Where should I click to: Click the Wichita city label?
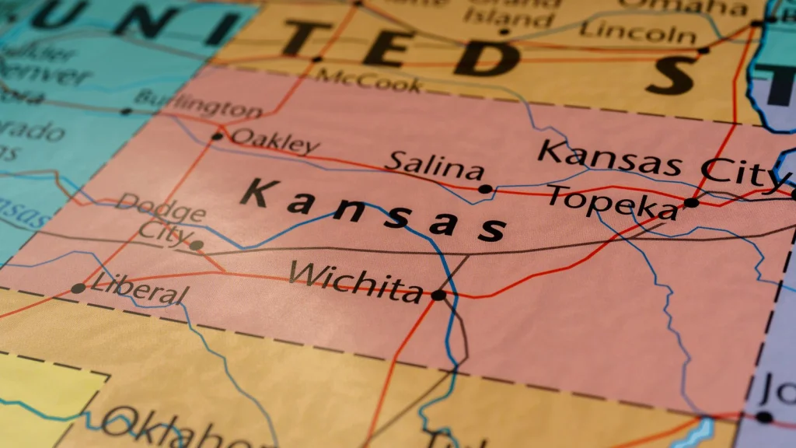(x=355, y=281)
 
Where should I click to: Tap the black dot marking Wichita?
(x=438, y=296)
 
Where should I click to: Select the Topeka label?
(x=612, y=201)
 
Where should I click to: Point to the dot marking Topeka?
(x=691, y=203)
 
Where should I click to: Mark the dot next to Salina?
(x=485, y=189)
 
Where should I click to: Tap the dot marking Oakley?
(x=217, y=137)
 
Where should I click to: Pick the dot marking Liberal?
(x=78, y=289)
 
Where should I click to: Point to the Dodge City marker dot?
(x=197, y=245)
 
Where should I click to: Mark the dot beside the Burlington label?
(x=126, y=111)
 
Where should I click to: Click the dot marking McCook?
(x=316, y=59)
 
